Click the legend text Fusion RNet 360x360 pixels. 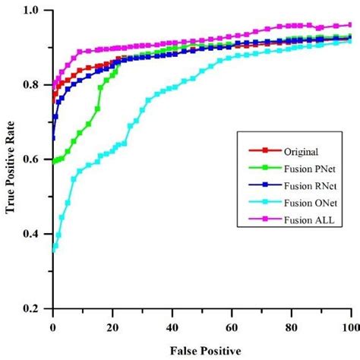[305, 185]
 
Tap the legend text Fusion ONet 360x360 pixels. [305, 202]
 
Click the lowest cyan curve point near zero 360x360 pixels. [54, 251]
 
